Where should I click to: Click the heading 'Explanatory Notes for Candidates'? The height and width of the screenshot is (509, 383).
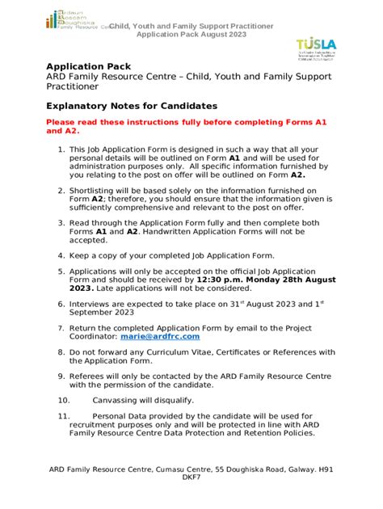133,106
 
